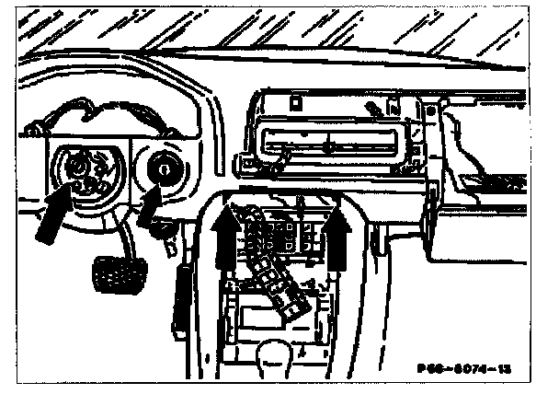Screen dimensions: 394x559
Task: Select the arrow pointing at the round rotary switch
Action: pyautogui.click(x=153, y=208)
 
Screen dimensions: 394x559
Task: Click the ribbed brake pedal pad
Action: pyautogui.click(x=116, y=272)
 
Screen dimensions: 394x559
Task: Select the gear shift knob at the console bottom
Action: pyautogui.click(x=275, y=353)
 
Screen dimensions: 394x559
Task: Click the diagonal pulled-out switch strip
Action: pyautogui.click(x=276, y=267)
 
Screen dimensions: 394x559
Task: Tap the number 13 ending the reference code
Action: pyautogui.click(x=502, y=366)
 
